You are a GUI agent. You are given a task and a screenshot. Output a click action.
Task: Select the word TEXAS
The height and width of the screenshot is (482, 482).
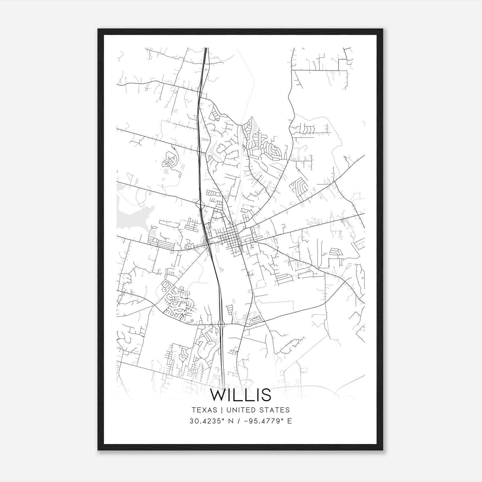click(204, 410)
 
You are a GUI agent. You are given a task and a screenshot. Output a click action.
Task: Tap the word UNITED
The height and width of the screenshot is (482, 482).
click(240, 410)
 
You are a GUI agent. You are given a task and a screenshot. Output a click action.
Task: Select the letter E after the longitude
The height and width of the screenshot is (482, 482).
click(290, 421)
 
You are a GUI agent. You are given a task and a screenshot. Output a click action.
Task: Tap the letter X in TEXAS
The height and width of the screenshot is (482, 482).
click(204, 410)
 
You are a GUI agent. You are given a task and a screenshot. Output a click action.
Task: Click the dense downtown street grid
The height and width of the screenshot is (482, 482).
click(230, 235)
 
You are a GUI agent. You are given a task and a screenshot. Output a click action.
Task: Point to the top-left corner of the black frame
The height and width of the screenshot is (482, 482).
click(99, 30)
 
